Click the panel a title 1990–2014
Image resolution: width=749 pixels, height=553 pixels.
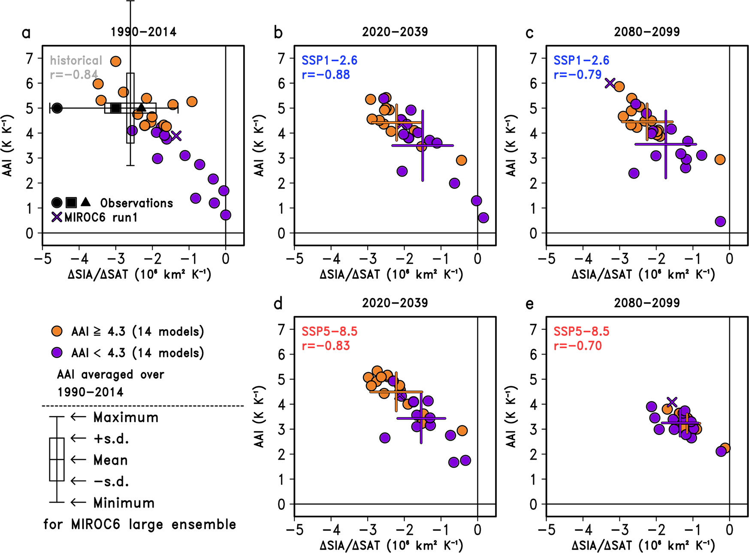click(x=143, y=32)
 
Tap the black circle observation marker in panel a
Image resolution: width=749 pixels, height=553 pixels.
click(x=57, y=108)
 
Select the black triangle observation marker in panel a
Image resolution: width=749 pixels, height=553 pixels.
click(x=142, y=107)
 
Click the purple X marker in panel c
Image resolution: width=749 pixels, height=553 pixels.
click(x=610, y=83)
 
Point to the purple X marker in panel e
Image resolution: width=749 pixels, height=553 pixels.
click(x=672, y=402)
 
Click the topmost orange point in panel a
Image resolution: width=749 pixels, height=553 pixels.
click(x=115, y=61)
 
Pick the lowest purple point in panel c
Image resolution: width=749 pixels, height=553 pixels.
click(x=720, y=222)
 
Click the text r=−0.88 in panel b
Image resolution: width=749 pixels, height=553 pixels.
click(x=326, y=75)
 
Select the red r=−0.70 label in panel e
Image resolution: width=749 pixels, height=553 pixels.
click(x=577, y=346)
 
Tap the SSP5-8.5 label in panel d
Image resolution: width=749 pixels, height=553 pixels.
click(x=329, y=331)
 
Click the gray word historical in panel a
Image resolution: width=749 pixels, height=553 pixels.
click(x=76, y=60)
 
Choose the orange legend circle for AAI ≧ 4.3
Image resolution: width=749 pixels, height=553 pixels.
click(x=57, y=331)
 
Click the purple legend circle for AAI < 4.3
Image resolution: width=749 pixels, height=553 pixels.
click(x=57, y=353)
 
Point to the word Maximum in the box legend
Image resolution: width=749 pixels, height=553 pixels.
click(x=126, y=418)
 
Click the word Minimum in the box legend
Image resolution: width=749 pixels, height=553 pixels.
click(x=124, y=503)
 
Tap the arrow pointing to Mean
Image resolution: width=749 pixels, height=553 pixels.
click(x=78, y=460)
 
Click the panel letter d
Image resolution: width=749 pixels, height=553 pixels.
click(x=278, y=304)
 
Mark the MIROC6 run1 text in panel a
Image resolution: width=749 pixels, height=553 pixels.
click(x=101, y=218)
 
